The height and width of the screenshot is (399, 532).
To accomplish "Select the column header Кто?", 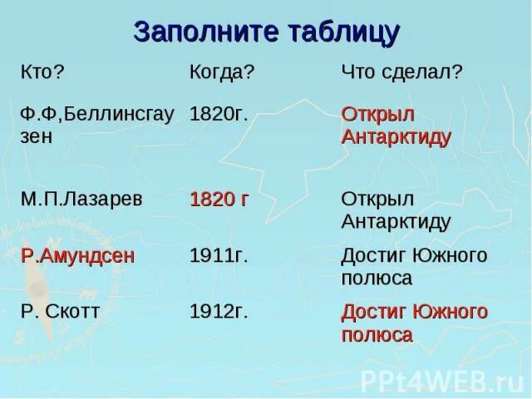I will [x=42, y=71].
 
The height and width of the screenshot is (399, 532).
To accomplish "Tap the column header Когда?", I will [x=222, y=71].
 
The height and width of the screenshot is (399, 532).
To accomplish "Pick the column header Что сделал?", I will [x=401, y=71].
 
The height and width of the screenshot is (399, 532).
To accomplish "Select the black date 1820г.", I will [x=219, y=114].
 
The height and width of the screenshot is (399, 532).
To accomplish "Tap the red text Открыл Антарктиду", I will [x=396, y=125].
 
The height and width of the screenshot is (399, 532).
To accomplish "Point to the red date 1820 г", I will [x=220, y=199].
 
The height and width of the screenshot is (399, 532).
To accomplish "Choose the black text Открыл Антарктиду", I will [x=396, y=210].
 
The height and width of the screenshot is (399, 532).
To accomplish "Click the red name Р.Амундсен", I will [x=77, y=255].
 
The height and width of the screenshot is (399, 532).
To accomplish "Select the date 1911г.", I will [x=219, y=255].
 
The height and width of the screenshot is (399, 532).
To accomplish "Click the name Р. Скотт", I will [x=61, y=312].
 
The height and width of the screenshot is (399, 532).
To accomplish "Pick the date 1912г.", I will [x=219, y=312].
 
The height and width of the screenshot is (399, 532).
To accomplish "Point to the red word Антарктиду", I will [x=396, y=136].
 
